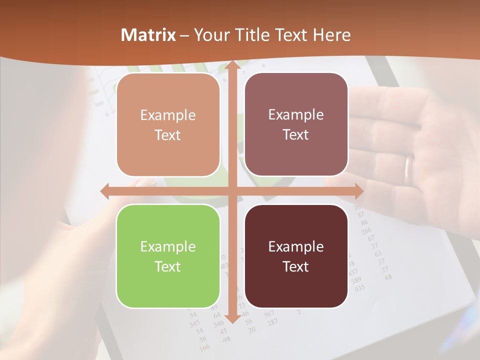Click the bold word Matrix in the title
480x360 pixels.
148,35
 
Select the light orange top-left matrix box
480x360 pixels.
168,125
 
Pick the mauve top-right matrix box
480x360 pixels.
296,124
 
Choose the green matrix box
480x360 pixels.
168,256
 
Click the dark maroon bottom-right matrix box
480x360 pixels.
296,256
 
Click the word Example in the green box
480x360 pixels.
168,246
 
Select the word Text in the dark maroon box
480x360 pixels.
296,266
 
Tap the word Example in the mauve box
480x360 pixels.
296,114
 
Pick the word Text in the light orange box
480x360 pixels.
168,135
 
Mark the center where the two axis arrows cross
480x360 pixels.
232,191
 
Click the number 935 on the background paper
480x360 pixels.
359,288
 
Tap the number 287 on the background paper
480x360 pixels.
273,321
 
